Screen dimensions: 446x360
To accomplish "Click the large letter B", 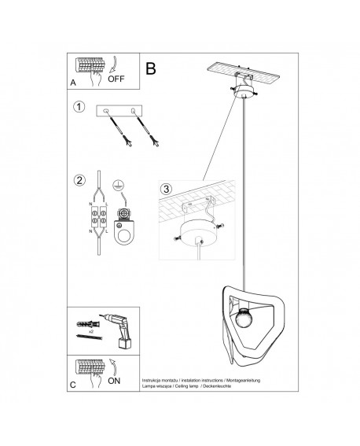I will (x=151, y=68).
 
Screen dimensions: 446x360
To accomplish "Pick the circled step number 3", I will (x=165, y=189).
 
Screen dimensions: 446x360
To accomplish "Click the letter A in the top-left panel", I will (x=72, y=82).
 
